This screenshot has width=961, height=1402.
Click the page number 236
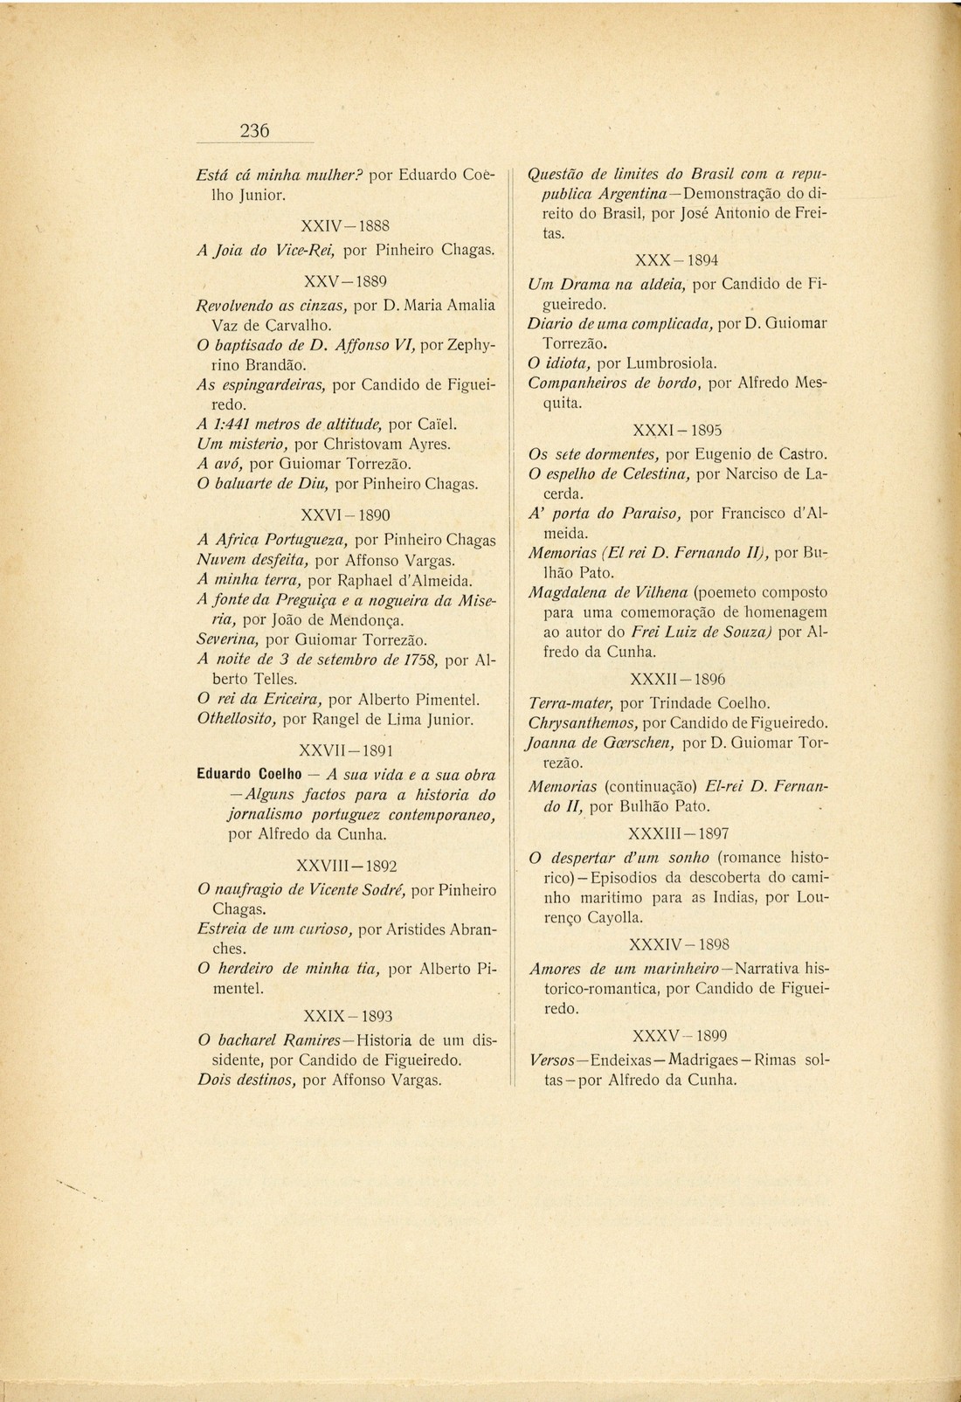coord(254,132)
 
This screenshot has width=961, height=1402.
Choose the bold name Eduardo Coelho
coord(249,774)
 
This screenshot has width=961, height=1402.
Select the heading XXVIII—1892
coord(347,866)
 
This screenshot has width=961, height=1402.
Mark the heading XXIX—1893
coord(347,1016)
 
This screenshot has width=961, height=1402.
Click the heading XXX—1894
coord(677,260)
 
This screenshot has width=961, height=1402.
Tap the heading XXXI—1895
coord(677,431)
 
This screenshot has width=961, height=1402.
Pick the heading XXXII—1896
coord(678,679)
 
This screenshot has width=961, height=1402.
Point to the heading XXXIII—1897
coord(679,833)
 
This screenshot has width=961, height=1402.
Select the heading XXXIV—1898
coord(679,944)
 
